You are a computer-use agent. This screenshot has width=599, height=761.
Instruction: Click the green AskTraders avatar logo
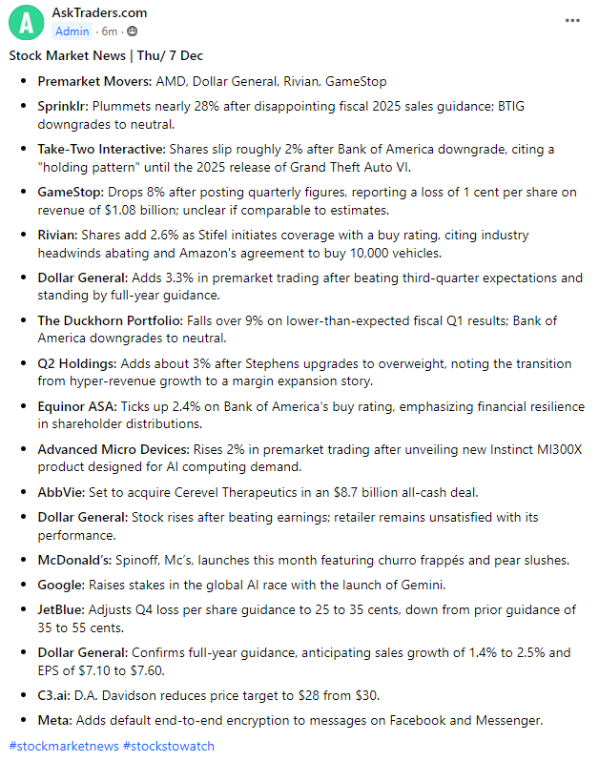(29, 21)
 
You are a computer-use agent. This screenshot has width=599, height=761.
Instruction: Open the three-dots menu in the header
(571, 20)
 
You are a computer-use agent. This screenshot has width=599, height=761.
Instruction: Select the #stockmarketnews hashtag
(62, 745)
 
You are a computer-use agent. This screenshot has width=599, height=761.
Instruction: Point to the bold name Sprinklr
(64, 106)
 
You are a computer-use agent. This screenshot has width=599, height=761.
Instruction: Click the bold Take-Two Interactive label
(102, 150)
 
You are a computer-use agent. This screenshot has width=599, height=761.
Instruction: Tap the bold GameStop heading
(71, 193)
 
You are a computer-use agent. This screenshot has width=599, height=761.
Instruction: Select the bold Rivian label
(58, 235)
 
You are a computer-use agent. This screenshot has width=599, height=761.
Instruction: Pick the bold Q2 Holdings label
(77, 363)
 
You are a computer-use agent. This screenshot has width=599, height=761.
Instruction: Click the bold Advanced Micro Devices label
(113, 449)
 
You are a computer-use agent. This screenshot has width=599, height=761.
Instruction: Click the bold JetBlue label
(62, 608)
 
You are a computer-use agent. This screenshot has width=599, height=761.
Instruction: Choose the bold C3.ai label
(56, 694)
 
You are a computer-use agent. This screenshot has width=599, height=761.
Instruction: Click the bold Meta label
(54, 719)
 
